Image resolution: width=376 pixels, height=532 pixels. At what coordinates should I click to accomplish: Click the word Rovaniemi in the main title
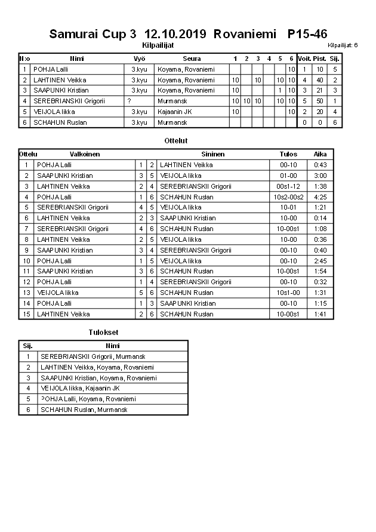[x=246, y=34]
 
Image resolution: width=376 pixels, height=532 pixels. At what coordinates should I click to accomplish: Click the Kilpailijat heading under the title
[x=158, y=45]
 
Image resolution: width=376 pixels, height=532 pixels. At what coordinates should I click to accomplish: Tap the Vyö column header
[x=139, y=59]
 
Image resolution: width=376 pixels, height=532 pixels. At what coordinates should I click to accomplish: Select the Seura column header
[x=192, y=59]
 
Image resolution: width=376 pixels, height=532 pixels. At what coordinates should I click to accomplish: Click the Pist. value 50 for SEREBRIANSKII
[x=320, y=101]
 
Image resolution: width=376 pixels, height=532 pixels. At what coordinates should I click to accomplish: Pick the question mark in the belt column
[x=130, y=101]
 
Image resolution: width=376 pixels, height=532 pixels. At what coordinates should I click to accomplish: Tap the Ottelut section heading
[x=175, y=141]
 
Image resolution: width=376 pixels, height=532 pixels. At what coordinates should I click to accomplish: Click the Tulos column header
[x=288, y=154]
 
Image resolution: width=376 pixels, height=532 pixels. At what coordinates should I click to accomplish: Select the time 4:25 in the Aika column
[x=320, y=197]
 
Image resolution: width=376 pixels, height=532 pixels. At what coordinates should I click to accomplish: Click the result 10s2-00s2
[x=288, y=197]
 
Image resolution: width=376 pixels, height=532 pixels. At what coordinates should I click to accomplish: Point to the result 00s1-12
[x=288, y=186]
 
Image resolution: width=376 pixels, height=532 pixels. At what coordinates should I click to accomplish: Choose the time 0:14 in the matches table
[x=320, y=219]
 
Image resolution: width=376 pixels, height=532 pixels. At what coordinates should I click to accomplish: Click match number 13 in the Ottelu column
[x=26, y=293]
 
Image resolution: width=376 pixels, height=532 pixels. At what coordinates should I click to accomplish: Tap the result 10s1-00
[x=288, y=293]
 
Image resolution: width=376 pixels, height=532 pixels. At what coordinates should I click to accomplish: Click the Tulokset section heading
[x=103, y=333]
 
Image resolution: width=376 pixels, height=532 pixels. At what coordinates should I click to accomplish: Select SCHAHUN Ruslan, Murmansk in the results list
[x=84, y=410]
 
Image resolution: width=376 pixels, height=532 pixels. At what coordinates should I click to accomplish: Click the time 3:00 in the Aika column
[x=320, y=176]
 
